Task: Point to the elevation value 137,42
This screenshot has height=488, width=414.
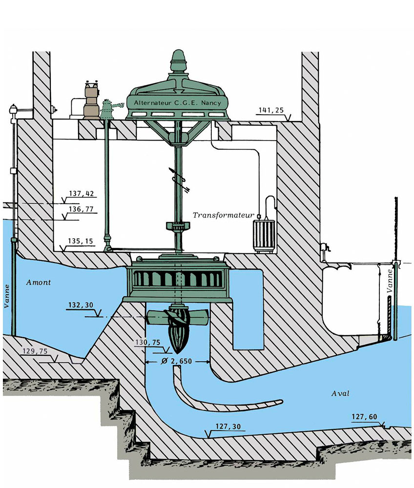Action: pos(81,194)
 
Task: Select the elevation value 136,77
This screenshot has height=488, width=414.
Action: pos(81,210)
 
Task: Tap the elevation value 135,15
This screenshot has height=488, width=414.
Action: pos(81,241)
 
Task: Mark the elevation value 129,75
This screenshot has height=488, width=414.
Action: pos(36,351)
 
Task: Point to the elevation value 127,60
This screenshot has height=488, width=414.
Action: pos(366,416)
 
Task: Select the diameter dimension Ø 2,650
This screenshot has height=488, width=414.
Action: pos(178,362)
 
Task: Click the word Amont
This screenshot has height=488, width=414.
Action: pos(40,282)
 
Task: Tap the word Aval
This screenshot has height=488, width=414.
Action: pos(340,393)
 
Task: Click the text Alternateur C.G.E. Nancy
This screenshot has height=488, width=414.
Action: pos(178,103)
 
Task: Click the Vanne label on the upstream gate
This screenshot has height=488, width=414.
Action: pos(7,296)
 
